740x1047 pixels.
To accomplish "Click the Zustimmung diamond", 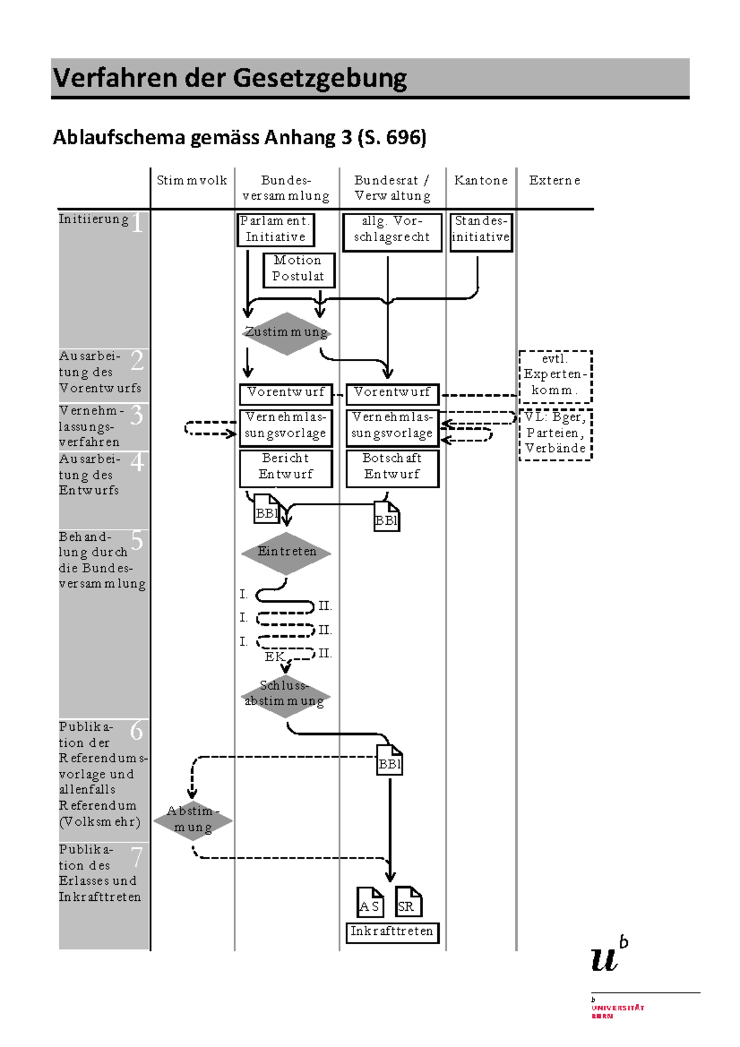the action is pyautogui.click(x=287, y=333).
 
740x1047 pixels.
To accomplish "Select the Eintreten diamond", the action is pyautogui.click(x=286, y=553).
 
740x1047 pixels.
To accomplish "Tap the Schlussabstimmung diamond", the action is pyautogui.click(x=286, y=696).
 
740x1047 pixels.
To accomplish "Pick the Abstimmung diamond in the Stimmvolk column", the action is pyautogui.click(x=193, y=821).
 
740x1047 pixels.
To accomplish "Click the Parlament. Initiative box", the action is pyautogui.click(x=276, y=229).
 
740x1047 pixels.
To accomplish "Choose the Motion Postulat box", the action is pyautogui.click(x=298, y=270).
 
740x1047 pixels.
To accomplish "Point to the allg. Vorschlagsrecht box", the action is pyautogui.click(x=392, y=232).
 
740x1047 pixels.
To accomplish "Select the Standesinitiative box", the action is pyautogui.click(x=481, y=232).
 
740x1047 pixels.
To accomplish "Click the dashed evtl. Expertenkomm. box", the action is pyautogui.click(x=556, y=377).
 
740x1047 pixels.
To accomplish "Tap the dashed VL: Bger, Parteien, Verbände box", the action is pyautogui.click(x=556, y=435).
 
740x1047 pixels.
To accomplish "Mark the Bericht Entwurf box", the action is pyautogui.click(x=286, y=469).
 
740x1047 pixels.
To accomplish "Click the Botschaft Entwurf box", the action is pyautogui.click(x=392, y=469).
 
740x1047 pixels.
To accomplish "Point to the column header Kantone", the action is pyautogui.click(x=481, y=181).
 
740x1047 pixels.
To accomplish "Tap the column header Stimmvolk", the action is pyautogui.click(x=192, y=181).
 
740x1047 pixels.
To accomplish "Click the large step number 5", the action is pyautogui.click(x=137, y=540).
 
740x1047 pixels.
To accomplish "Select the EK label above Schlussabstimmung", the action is pyautogui.click(x=274, y=657).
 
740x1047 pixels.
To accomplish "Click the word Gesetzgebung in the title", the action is pyautogui.click(x=320, y=78).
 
